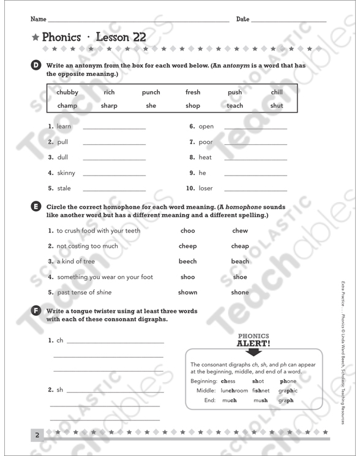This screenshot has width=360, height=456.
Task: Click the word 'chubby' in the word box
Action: coord(67,92)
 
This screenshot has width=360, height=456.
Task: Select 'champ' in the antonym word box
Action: coord(67,106)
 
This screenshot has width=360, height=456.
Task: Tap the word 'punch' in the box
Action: coord(151,92)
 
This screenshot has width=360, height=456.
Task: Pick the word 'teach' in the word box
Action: coord(234,106)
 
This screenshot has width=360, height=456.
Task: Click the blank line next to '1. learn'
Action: coord(114,129)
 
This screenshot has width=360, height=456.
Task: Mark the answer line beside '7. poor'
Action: coord(255,144)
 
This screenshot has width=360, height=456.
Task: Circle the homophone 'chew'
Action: coord(240,231)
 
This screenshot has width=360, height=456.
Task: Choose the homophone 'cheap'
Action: coord(240,246)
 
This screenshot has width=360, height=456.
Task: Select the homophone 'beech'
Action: coord(188,261)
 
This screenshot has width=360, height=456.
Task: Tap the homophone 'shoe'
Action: coord(240,277)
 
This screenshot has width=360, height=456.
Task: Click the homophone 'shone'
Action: coord(240,293)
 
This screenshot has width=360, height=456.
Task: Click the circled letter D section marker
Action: coord(36,66)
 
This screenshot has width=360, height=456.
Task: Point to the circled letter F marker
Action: coord(36,312)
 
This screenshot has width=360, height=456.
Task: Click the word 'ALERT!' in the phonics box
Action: coord(253,343)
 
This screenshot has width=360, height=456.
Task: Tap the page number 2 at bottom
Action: coord(37,435)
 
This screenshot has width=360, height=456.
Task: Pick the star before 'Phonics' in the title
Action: coord(36,37)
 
